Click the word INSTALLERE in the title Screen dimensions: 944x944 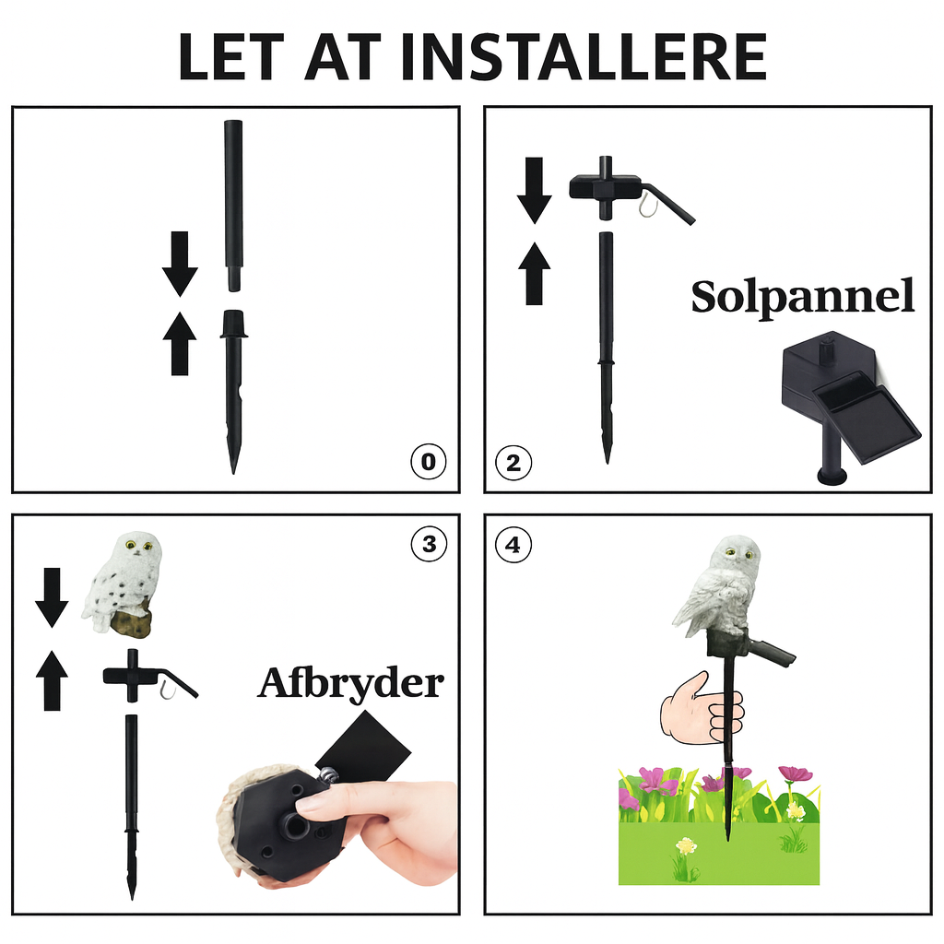point(584,56)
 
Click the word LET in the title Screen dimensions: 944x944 point(231,56)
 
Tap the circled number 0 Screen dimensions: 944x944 point(428,462)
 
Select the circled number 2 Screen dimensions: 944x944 point(513,463)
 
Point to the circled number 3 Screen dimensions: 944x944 point(429,544)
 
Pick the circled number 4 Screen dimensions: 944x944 point(513,545)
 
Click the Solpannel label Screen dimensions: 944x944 point(803,298)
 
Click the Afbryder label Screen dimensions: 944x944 point(351,685)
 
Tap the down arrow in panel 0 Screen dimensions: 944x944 point(180,264)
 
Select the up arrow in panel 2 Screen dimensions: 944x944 point(534,273)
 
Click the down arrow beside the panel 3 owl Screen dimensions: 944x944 point(52,597)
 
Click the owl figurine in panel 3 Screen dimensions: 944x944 point(123,582)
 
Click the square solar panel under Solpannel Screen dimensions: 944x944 point(866,418)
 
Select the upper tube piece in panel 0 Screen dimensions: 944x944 point(233,206)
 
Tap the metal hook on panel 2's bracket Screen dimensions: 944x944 point(645,204)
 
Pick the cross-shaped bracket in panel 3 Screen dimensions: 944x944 point(150,676)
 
